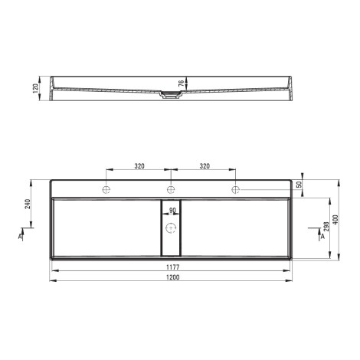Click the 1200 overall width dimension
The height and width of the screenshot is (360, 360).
[173, 277]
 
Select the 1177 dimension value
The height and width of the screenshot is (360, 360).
[173, 267]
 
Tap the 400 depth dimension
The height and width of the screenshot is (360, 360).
[335, 220]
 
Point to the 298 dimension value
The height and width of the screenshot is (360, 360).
[326, 226]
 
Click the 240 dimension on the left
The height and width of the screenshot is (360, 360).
[28, 204]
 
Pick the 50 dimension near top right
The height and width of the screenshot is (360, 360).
[299, 185]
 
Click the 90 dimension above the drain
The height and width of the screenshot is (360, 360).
[172, 211]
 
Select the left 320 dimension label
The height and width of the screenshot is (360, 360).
[139, 166]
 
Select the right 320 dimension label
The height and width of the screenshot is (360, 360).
[205, 166]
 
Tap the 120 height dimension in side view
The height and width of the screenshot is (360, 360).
[35, 88]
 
